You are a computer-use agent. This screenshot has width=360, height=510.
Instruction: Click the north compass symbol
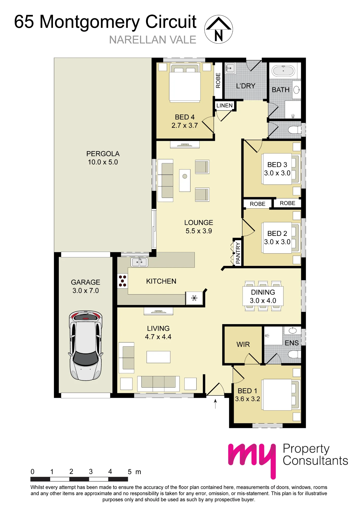tap(218, 29)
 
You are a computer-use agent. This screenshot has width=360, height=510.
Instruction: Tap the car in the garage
tap(86, 346)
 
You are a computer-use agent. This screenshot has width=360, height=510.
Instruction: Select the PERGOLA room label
tap(103, 154)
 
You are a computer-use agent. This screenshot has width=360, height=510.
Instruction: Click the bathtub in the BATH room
tap(283, 71)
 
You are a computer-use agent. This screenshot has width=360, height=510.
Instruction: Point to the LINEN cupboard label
tap(225, 106)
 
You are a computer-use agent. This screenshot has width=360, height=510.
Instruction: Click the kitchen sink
tap(139, 262)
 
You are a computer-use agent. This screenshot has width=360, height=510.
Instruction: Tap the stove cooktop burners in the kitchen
tap(122, 281)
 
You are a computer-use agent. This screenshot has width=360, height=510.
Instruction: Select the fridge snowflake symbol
tap(195, 298)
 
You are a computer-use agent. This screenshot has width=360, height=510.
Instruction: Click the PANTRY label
tap(238, 253)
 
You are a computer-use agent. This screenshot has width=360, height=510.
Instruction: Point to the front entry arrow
tap(215, 404)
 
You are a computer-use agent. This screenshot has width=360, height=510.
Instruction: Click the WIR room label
tap(243, 345)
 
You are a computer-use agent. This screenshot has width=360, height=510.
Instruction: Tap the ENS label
tap(292, 343)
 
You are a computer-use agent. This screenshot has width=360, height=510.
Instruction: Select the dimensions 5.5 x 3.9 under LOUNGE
tap(199, 231)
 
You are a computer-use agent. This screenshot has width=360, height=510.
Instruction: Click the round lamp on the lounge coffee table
tap(185, 176)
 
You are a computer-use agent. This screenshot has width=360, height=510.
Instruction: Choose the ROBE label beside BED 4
tap(218, 80)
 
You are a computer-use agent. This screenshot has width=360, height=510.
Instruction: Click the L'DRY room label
tap(246, 86)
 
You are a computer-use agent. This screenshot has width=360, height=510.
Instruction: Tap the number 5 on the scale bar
tap(130, 472)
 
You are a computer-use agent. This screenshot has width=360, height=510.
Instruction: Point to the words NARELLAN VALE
tap(153, 40)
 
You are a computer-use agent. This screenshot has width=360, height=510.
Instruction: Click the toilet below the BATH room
tap(294, 130)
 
